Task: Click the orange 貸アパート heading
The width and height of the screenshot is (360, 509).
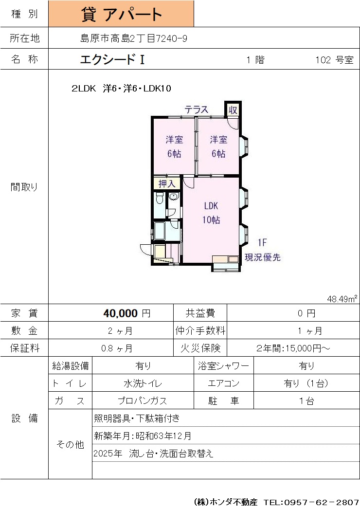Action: (121, 14)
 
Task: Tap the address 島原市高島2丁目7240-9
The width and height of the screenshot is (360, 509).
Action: (134, 38)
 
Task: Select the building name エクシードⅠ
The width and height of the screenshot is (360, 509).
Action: (112, 59)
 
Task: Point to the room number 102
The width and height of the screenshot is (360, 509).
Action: (323, 60)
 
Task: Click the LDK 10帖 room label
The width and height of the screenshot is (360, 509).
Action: (211, 213)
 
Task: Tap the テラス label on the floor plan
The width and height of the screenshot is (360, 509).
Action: (197, 109)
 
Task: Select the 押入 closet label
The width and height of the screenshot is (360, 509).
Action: (167, 184)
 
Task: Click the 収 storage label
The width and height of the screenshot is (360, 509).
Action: (233, 110)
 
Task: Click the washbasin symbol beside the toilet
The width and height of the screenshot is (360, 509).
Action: (174, 197)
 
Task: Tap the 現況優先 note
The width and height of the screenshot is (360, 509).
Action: (263, 257)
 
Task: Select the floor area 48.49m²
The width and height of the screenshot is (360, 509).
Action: (342, 299)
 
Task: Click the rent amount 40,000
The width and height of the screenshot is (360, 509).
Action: (121, 313)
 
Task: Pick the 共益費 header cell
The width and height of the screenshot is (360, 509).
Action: (200, 313)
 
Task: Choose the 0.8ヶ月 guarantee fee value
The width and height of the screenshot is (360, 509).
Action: (117, 348)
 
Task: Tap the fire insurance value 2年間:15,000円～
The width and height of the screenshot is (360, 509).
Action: (293, 348)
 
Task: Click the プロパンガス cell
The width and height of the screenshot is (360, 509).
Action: (143, 401)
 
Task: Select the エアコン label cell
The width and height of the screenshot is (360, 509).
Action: (224, 383)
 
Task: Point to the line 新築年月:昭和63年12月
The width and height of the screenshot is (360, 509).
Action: (143, 436)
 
